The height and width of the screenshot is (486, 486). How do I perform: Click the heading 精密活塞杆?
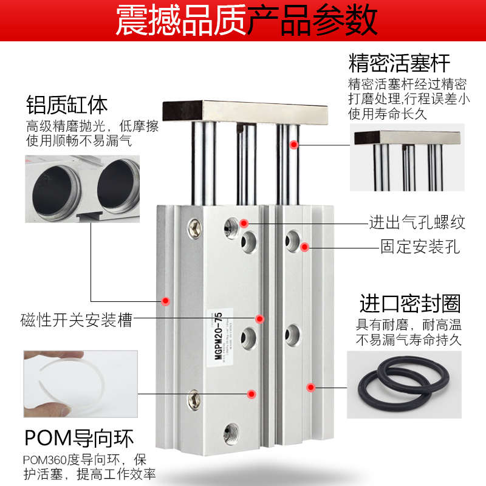point(399,63)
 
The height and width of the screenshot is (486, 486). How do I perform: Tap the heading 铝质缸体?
point(67,104)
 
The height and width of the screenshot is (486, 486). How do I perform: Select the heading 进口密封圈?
point(409,303)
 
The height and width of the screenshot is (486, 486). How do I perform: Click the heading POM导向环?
point(79,438)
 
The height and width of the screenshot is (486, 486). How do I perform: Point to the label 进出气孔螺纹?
point(417,222)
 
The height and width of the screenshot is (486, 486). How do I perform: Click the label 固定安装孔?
point(420,247)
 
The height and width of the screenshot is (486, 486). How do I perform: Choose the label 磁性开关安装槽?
point(76,319)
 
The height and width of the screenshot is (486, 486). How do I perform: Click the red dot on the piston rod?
point(294,145)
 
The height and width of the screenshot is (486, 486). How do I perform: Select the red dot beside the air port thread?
point(244,223)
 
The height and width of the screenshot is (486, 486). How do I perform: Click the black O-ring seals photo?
point(391,383)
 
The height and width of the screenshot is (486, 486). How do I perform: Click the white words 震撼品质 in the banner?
point(180,22)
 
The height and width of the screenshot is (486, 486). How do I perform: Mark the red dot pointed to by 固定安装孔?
point(305,247)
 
